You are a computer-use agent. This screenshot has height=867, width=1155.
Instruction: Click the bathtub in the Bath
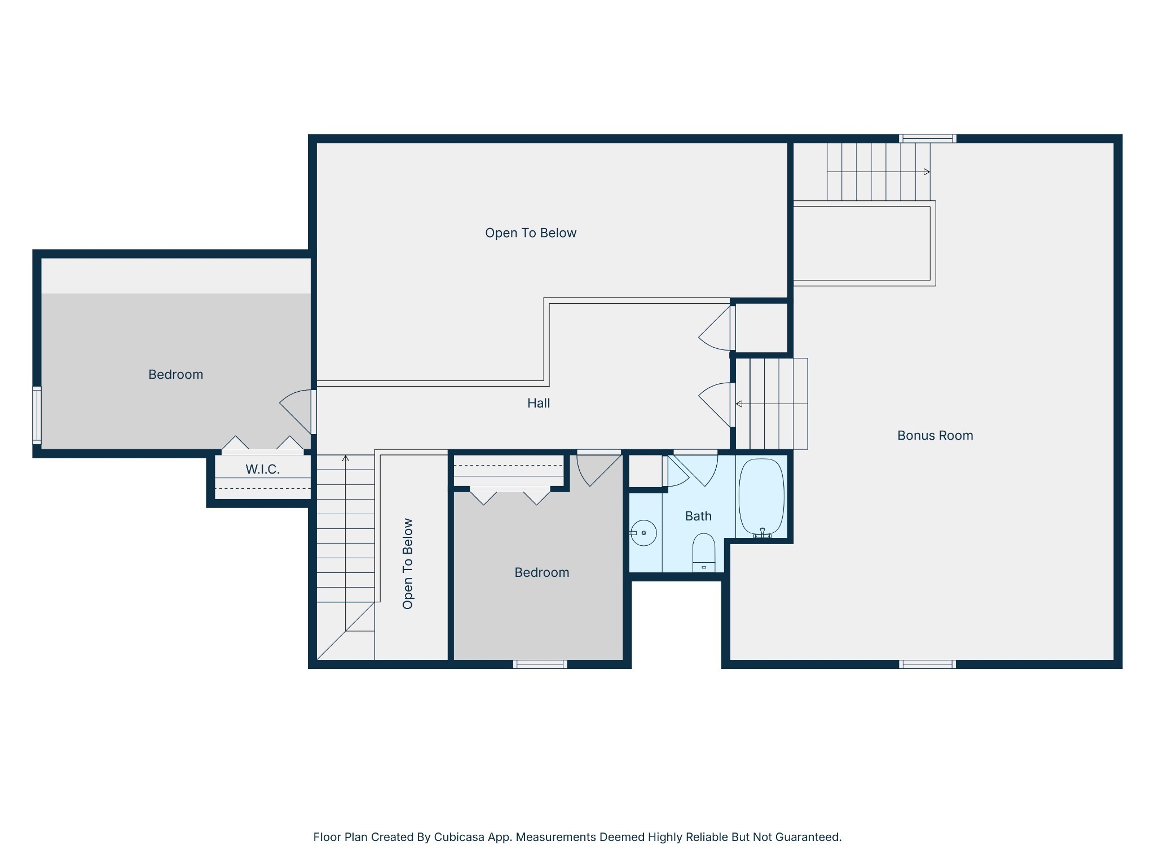[761, 497]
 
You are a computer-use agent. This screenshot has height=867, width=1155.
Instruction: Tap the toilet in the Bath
[704, 553]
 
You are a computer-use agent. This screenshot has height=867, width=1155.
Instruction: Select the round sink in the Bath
[643, 533]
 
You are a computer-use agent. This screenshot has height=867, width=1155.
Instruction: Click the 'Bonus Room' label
[935, 435]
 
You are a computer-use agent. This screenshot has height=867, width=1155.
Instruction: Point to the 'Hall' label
[539, 403]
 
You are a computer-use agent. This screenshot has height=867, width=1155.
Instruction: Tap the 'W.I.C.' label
[263, 469]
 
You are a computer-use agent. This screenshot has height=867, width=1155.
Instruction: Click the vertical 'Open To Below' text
[408, 563]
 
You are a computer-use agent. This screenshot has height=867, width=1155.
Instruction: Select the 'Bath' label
[698, 516]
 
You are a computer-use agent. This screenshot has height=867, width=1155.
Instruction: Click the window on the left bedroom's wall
[37, 415]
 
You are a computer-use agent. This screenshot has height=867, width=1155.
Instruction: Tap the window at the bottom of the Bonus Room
[927, 664]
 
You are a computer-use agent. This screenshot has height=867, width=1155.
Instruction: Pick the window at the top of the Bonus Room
[927, 138]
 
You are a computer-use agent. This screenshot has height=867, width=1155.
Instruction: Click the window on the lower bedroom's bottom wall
[540, 664]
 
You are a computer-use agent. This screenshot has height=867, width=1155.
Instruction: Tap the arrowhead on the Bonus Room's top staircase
[927, 172]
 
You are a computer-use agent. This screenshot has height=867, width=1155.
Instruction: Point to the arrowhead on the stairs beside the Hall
[739, 404]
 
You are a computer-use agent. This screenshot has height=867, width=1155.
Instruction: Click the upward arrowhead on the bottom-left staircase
[346, 458]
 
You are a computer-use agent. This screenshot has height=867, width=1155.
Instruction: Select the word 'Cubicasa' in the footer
[459, 837]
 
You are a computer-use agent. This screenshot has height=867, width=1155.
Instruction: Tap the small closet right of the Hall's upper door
[761, 327]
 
